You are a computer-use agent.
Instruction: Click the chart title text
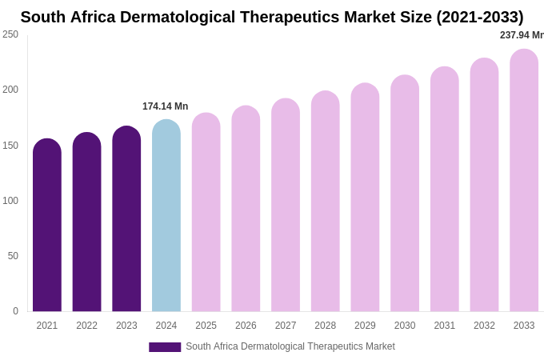coord(272,17)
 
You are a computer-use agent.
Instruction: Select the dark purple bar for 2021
coord(47,228)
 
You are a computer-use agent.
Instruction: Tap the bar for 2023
coord(126,222)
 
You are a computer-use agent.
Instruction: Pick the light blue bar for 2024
coord(166,218)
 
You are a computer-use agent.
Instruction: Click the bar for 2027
coord(286,208)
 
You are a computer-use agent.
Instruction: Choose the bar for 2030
coord(405,196)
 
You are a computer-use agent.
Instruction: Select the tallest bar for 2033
coord(524,182)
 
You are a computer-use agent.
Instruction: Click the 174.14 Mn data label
coord(165,106)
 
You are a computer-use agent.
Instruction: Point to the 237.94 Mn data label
coord(522,35)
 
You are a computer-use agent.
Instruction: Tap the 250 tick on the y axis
coord(10,34)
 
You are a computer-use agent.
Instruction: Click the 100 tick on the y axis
coord(10,201)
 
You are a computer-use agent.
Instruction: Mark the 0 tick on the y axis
coord(15,311)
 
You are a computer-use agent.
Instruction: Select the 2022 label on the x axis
coord(86,326)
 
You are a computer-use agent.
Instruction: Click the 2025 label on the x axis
coord(206,326)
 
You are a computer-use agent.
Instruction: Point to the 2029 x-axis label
coord(365,326)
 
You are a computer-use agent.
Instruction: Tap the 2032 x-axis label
coord(484,326)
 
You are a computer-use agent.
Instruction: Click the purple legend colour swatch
coord(165,347)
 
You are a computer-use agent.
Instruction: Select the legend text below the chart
coord(290,346)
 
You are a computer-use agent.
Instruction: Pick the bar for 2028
coord(326,204)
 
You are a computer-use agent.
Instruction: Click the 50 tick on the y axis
coord(13,256)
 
